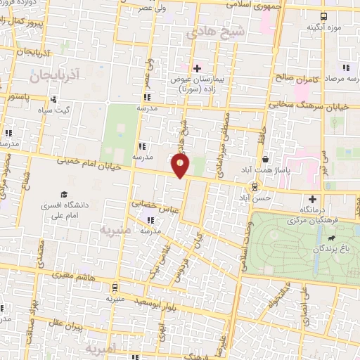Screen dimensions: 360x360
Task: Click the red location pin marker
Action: (x=181, y=166)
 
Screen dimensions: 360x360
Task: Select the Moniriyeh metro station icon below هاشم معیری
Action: (x=115, y=287)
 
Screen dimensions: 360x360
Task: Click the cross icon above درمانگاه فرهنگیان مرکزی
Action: (x=312, y=199)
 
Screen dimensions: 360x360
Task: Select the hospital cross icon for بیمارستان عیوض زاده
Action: (x=198, y=68)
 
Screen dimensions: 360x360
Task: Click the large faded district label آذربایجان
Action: (x=56, y=72)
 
